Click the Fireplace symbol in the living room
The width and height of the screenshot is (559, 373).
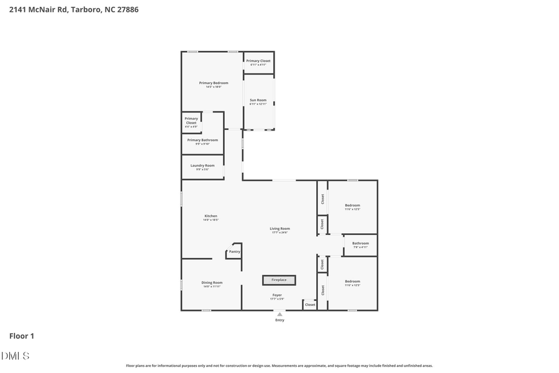point(279,280)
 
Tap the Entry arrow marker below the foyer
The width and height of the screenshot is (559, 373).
point(279,315)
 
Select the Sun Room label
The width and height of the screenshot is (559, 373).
point(258,101)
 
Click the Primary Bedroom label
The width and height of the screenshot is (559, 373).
point(214,83)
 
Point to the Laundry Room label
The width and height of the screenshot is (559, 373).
point(202,166)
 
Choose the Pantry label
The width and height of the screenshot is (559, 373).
point(234,252)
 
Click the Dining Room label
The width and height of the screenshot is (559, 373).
point(212,283)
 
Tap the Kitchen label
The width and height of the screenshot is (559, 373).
point(211,216)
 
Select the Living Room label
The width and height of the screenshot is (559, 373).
point(279,229)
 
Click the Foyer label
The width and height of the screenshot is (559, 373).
point(277,295)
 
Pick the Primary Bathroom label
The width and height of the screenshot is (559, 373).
point(202,140)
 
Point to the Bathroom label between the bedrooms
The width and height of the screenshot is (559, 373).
point(360,244)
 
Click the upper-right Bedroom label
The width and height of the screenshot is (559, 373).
point(352,206)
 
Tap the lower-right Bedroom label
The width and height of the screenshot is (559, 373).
point(352,282)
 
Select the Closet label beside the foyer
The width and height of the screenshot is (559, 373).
point(310,305)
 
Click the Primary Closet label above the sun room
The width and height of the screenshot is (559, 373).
point(258,61)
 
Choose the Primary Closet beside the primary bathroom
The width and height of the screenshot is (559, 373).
point(191,121)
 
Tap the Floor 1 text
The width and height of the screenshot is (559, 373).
point(22,336)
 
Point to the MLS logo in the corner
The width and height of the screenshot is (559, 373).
point(16,356)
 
